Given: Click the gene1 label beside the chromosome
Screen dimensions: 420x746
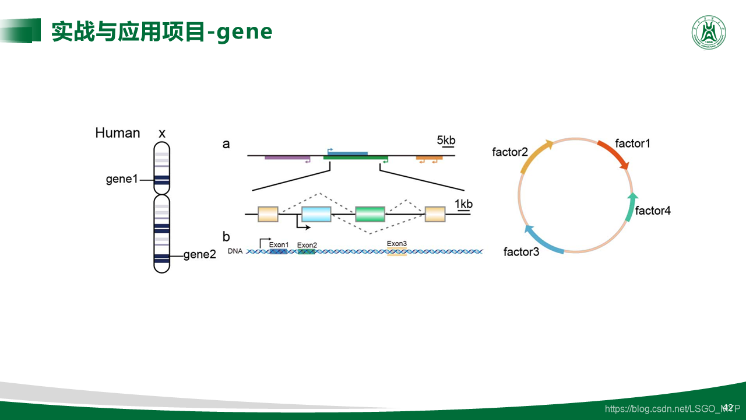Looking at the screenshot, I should tap(122, 179).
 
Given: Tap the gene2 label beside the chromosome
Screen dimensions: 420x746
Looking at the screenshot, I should tap(199, 254).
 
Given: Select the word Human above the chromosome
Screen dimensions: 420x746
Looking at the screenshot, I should tap(118, 133).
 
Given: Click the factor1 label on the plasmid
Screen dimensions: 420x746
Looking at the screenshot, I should tap(632, 143).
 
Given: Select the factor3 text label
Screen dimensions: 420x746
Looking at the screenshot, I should tap(521, 252).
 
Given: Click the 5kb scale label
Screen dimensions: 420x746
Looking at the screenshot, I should tap(446, 140).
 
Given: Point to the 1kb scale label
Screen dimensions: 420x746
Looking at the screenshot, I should tap(463, 204).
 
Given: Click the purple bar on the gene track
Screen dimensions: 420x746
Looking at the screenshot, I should tap(287, 157).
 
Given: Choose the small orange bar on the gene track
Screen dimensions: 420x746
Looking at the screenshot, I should tap(429, 157).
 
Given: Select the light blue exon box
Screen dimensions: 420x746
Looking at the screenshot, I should tap(316, 214).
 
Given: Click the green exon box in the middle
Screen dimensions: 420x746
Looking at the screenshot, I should tap(370, 214).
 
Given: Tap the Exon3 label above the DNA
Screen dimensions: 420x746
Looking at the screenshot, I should tap(397, 244).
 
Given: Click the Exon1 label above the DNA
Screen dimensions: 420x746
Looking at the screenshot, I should tap(279, 244).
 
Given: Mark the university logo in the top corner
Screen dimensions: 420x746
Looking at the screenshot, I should tap(709, 33).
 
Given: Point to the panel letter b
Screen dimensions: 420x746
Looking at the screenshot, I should tap(226, 237).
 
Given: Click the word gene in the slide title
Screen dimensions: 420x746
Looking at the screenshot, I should tap(244, 32).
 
